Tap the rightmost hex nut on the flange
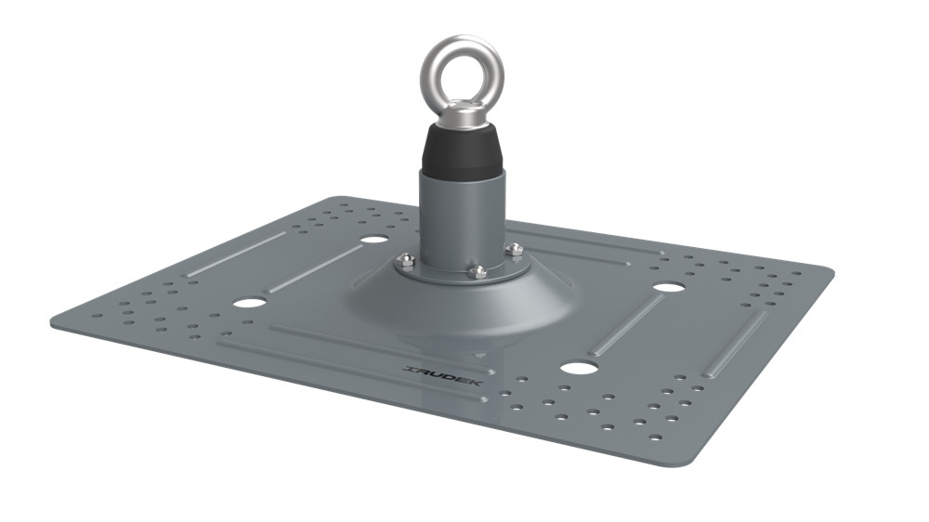point(514,250)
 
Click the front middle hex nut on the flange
point(478,271)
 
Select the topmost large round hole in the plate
point(373,240)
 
